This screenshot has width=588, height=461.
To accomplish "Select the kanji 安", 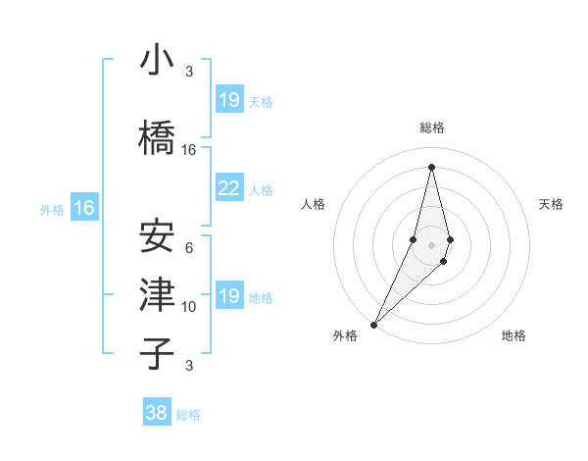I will [157, 236].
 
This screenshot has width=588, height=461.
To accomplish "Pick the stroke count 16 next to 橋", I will [189, 150].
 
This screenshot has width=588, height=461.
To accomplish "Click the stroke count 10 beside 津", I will [189, 307].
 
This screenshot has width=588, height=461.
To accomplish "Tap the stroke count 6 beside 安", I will [189, 248].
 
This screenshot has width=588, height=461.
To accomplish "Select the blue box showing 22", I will [228, 188].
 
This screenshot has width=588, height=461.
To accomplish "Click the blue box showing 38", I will [157, 413].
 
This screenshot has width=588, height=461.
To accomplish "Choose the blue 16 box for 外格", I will [84, 208].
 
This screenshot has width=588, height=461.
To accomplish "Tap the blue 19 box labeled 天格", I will [228, 100].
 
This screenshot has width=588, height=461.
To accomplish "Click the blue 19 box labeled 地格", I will [228, 296].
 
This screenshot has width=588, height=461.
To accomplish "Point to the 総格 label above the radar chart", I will [432, 128].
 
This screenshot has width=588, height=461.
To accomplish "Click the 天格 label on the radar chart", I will [552, 204].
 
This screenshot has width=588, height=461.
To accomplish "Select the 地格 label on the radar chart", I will [514, 335].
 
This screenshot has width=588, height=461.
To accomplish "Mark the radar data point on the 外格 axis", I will [373, 324].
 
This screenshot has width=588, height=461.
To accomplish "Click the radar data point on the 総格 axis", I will [431, 167].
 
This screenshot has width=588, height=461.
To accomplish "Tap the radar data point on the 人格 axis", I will [413, 239].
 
